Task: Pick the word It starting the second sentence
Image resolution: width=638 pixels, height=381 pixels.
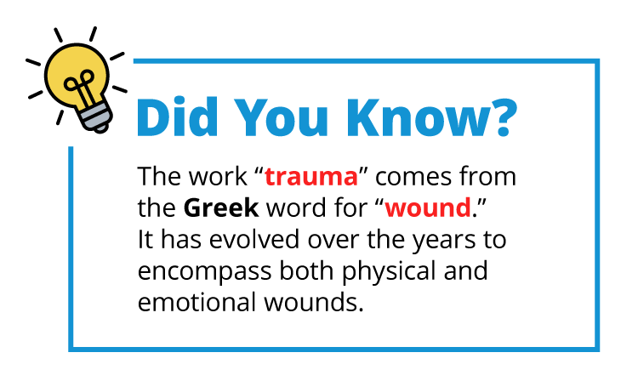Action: click(145, 240)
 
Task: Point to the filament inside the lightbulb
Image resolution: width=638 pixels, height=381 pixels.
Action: click(82, 85)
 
